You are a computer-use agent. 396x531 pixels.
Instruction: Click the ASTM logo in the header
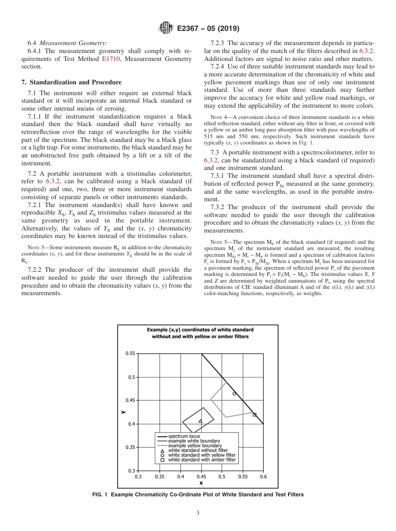point(167,28)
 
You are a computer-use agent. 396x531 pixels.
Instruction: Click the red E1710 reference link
point(109,59)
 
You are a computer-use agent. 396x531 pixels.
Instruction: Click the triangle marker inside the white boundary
point(200,421)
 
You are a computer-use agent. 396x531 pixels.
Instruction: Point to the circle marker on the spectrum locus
point(234,393)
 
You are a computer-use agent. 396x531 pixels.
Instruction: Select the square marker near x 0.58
point(255,415)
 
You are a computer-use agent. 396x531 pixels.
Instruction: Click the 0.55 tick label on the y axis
point(130,354)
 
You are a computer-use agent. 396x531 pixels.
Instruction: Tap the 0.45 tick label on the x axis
point(201,476)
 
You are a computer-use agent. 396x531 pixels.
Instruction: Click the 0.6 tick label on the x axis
point(263,476)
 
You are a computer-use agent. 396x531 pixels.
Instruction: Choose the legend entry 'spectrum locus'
point(184,436)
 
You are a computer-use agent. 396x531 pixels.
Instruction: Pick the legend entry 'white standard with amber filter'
point(201,460)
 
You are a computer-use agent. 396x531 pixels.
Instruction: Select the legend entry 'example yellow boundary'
point(195,446)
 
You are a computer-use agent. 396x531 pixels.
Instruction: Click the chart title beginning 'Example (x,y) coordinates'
point(200,333)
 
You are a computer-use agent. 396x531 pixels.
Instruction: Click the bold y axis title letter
point(123,412)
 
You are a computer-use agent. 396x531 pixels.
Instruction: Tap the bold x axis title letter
point(201,483)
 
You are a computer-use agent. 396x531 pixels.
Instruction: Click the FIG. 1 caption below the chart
point(198,495)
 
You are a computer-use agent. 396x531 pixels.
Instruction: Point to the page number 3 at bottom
point(198,513)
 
